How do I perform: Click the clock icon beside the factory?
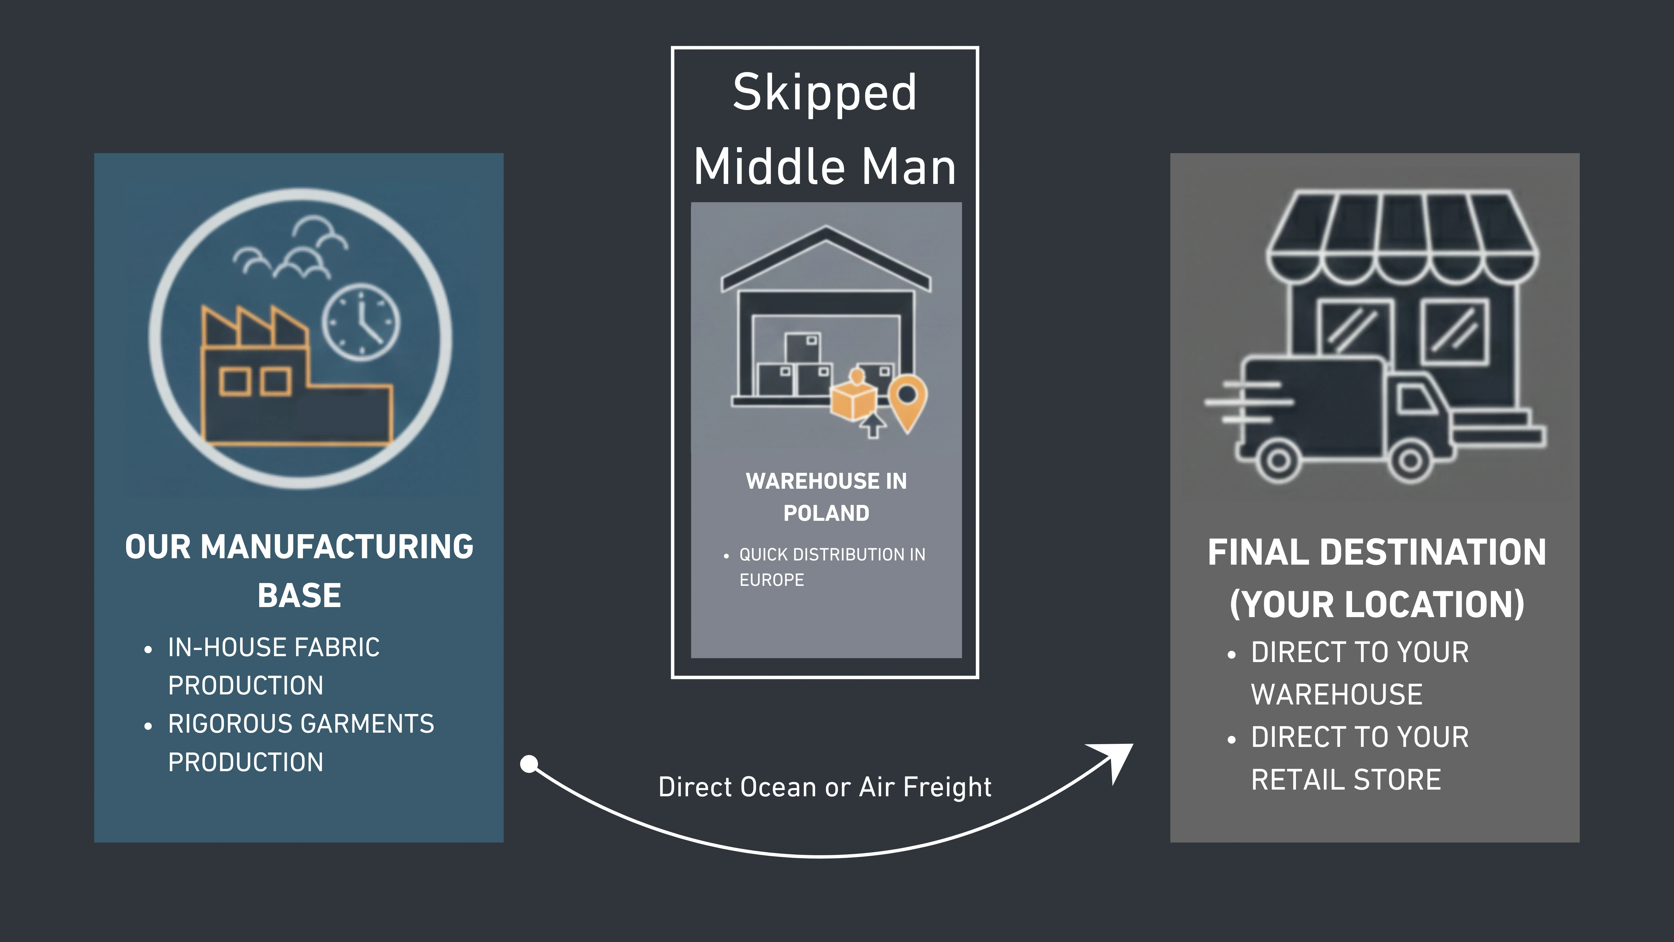coord(361,322)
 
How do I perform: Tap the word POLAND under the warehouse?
coord(826,513)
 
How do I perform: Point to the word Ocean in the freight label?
coord(778,787)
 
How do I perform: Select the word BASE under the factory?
coord(299,596)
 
